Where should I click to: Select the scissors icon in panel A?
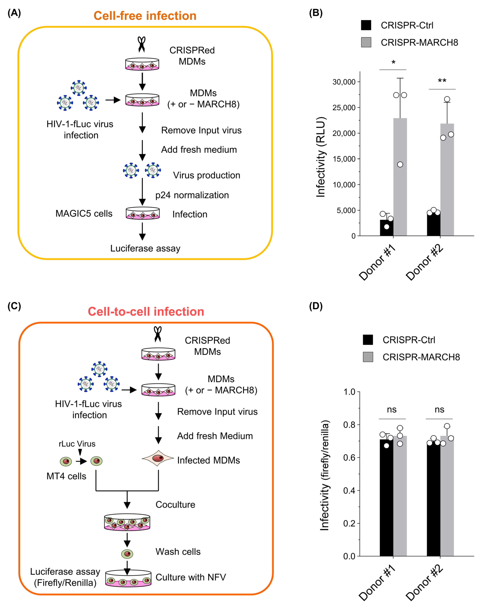pos(142,44)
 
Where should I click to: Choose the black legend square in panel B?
pos(366,25)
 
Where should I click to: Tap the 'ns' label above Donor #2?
pos(439,409)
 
